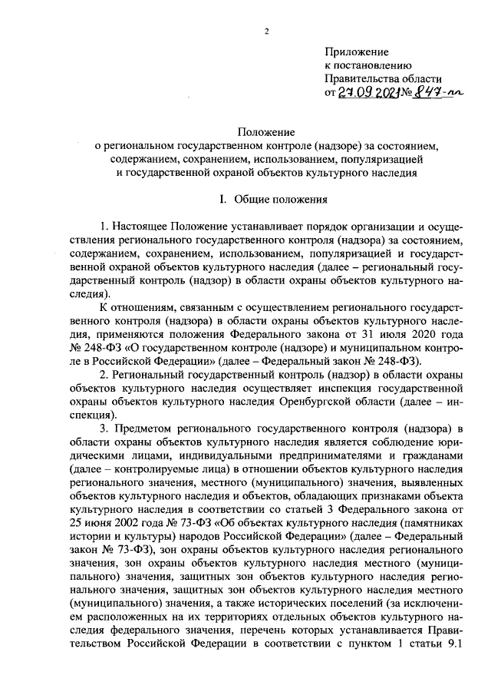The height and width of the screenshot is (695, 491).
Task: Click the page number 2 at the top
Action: (266, 31)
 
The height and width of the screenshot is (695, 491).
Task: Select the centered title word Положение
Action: (266, 132)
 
